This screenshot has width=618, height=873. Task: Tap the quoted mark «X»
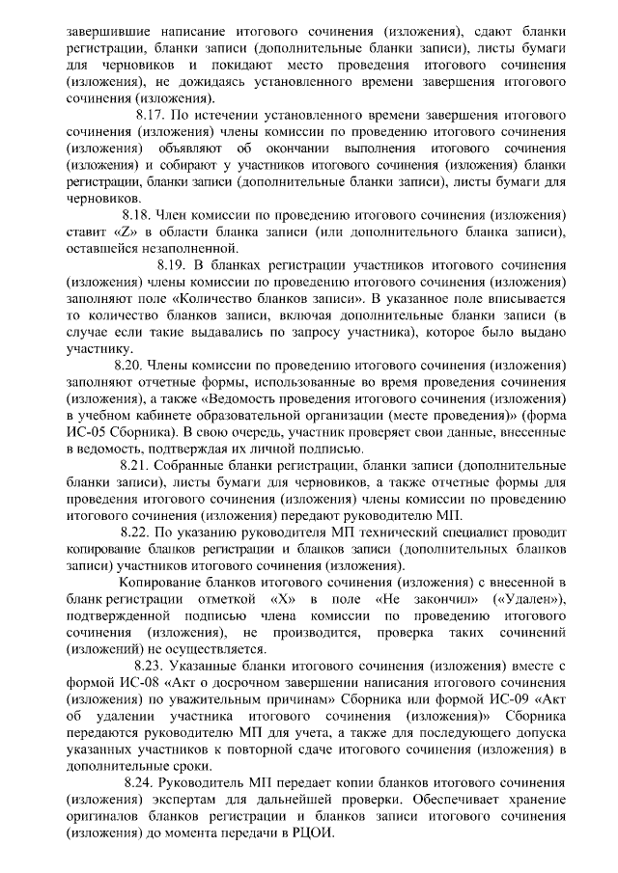coord(273,599)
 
